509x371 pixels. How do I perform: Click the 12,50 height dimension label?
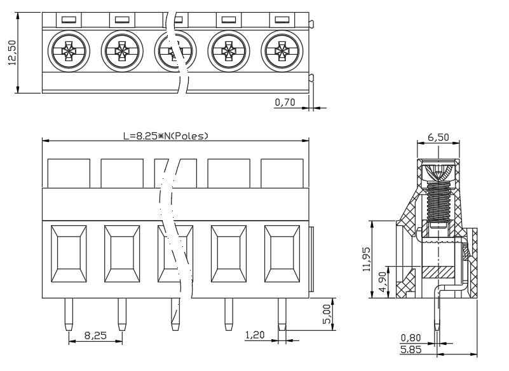(x=12, y=53)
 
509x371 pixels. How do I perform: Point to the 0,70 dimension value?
(x=285, y=102)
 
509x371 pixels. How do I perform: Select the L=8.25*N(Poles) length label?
(x=166, y=136)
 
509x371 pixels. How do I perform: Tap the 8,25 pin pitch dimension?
(x=95, y=335)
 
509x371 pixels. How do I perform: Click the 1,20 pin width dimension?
(x=255, y=335)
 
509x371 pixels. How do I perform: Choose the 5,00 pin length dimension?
(x=327, y=314)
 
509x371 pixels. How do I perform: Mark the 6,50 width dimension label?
(x=438, y=137)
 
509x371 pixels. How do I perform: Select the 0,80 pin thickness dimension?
(x=411, y=337)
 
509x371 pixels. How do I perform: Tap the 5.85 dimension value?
(x=411, y=349)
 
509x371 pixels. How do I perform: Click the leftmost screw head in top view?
(x=69, y=51)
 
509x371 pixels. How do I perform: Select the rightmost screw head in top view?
(x=282, y=51)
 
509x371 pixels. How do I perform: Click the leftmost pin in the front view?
(x=69, y=314)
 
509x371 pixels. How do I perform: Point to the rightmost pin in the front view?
(x=282, y=314)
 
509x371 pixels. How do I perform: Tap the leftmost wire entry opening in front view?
(x=69, y=254)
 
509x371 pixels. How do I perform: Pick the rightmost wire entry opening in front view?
(x=282, y=254)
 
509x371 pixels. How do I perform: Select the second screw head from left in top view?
(x=122, y=51)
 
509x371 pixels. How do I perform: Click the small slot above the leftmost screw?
(x=69, y=20)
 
